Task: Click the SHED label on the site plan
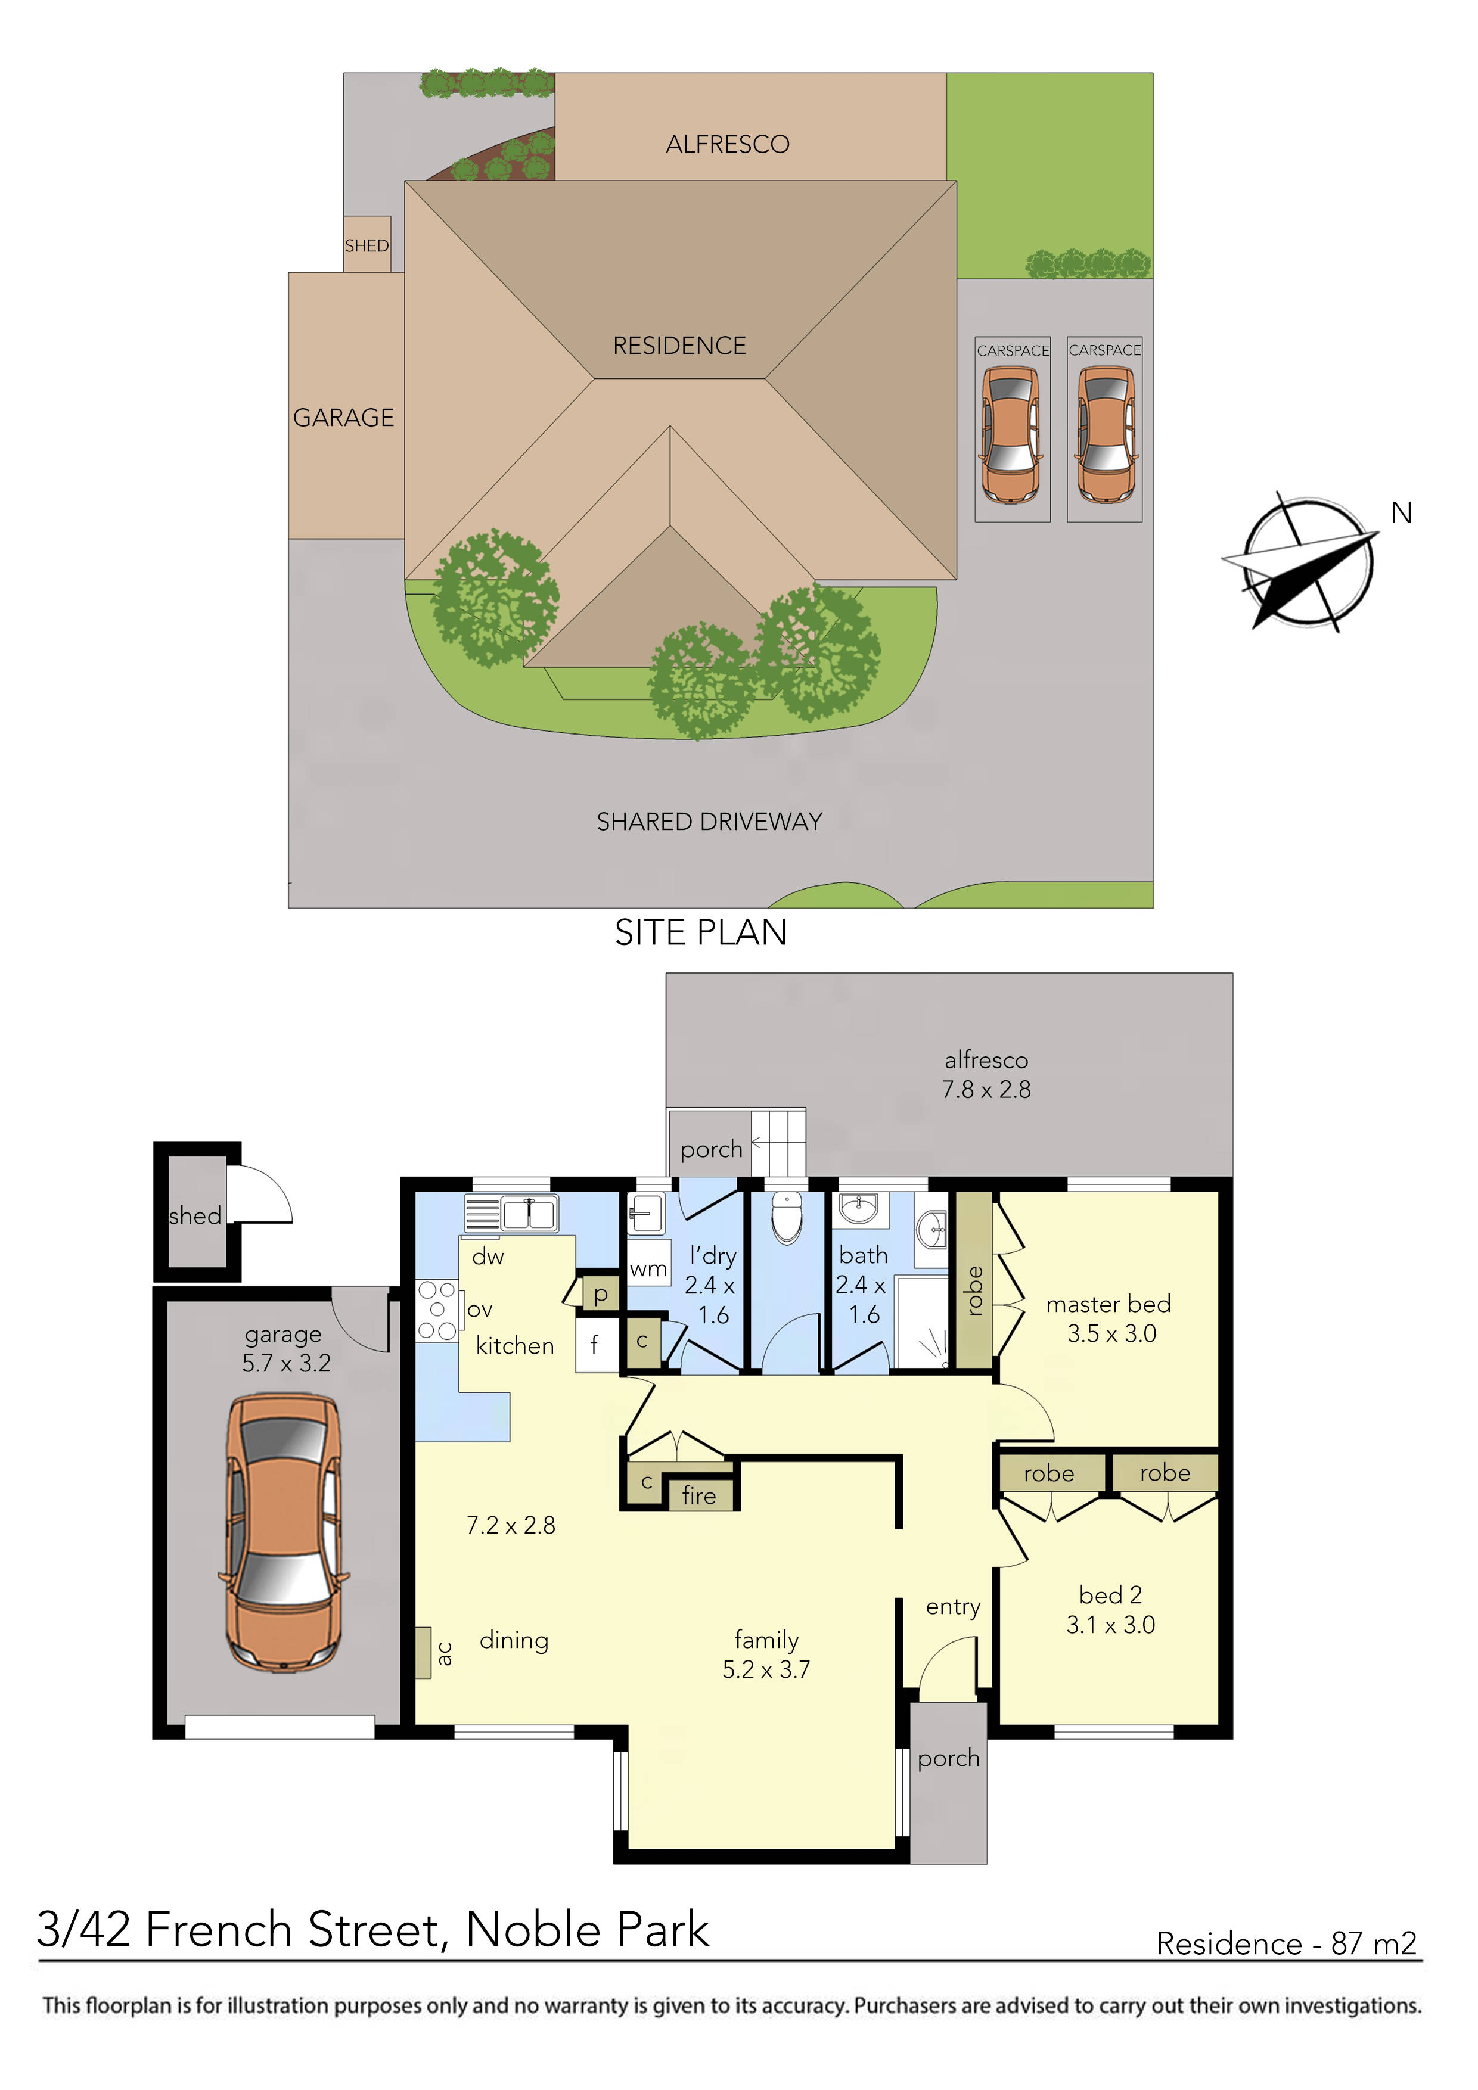[x=366, y=246]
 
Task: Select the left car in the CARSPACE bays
[x=1011, y=434]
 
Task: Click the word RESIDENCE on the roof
[x=679, y=346]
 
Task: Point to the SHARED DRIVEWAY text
[x=709, y=822]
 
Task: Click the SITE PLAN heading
[x=700, y=933]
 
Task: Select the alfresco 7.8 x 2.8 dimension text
[x=986, y=1090]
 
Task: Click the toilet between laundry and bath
[x=786, y=1217]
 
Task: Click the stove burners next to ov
[x=437, y=1310]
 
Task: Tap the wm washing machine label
[x=648, y=1269]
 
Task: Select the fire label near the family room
[x=700, y=1495]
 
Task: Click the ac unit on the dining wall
[x=424, y=1653]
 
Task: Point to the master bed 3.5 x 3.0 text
[x=1109, y=1319]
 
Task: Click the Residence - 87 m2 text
[x=1287, y=1945]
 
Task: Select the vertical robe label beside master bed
[x=973, y=1291]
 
